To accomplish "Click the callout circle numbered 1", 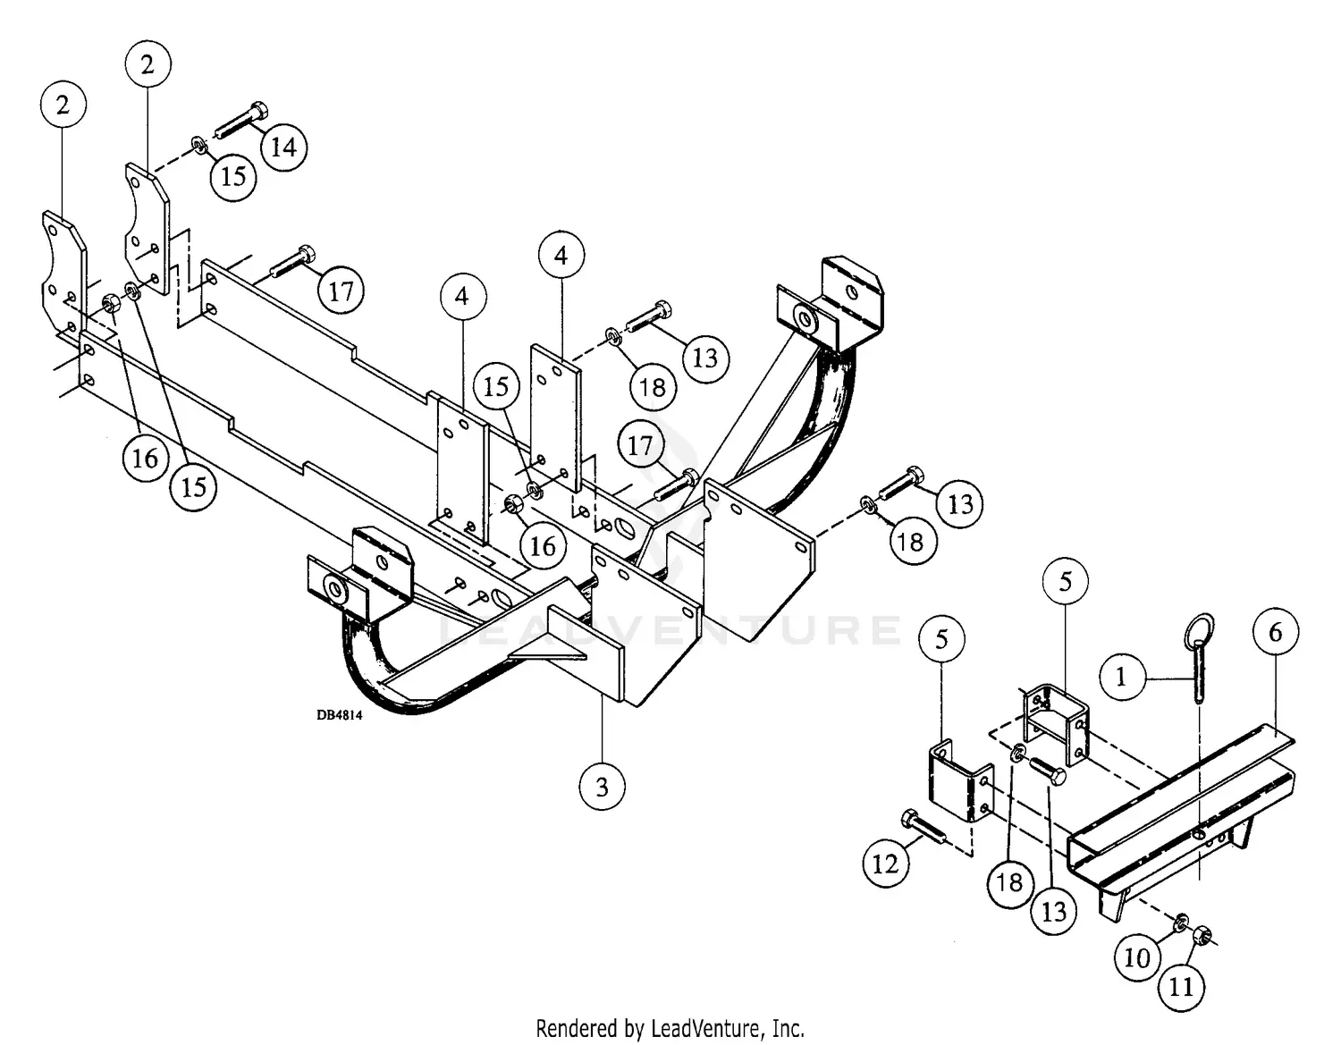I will (x=1122, y=677).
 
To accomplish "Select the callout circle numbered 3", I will (x=602, y=787).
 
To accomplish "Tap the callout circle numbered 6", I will (x=1275, y=632).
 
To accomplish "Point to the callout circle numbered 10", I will (x=1136, y=957).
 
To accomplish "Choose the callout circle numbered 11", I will (x=1181, y=986).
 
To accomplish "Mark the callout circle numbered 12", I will (x=885, y=864).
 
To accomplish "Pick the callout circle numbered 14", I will (x=283, y=147).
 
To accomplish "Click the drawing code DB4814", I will (x=339, y=714).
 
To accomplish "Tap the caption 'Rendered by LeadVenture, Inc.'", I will (x=670, y=1027).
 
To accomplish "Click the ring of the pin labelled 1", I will (x=1198, y=630).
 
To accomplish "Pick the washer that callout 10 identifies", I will (x=1181, y=921).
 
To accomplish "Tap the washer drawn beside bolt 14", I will (x=198, y=143).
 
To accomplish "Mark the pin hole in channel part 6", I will (x=1200, y=834).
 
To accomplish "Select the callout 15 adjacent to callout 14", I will (x=232, y=175).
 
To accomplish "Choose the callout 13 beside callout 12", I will (x=1054, y=911).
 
